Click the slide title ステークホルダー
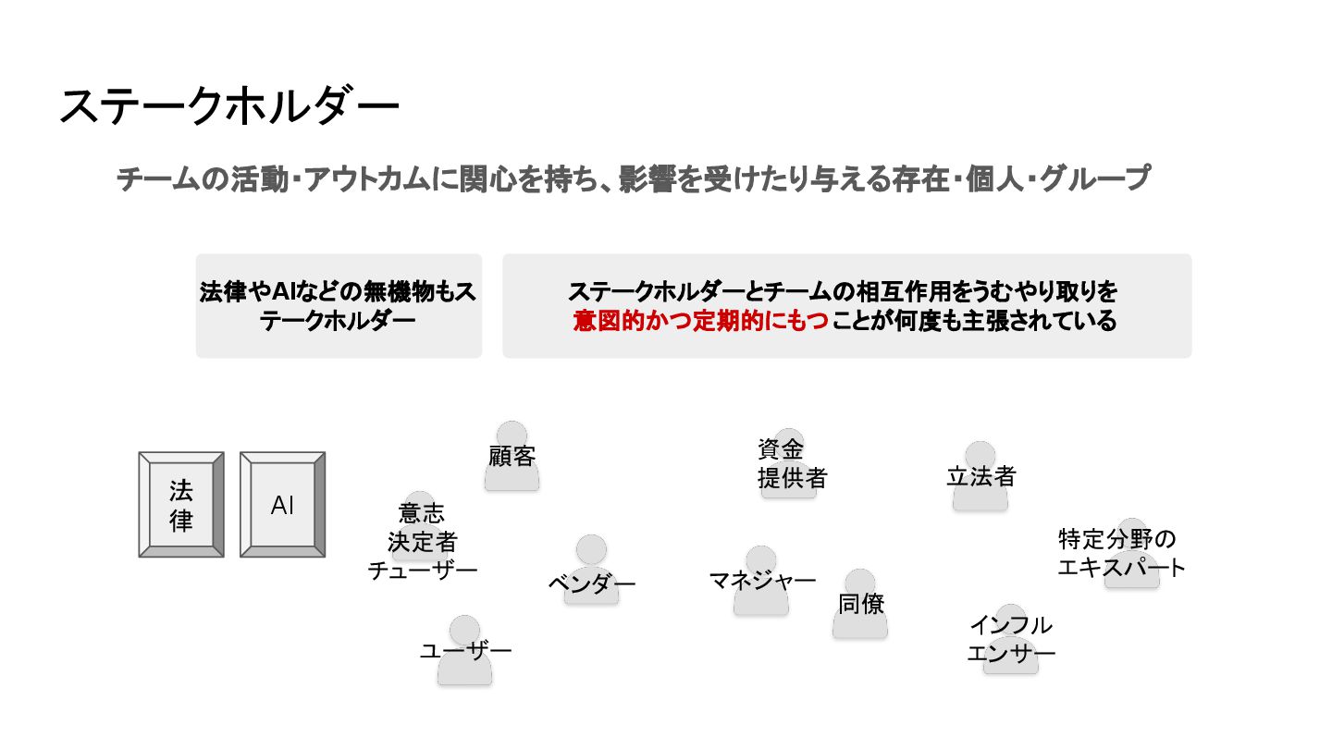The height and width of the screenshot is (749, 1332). [228, 107]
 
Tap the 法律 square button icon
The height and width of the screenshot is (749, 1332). [181, 505]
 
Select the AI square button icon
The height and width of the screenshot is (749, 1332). [282, 505]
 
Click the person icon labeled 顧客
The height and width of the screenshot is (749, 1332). [512, 456]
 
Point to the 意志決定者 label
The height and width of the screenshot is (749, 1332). [422, 527]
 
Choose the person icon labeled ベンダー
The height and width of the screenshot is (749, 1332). [591, 570]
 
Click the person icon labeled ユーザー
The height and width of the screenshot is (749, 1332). [464, 651]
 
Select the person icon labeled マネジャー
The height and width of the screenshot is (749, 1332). [761, 581]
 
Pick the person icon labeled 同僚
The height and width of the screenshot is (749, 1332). [860, 604]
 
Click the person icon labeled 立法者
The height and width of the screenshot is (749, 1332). [980, 475]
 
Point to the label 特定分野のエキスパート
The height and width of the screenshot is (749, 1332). [1121, 553]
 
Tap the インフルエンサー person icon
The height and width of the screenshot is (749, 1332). [1010, 640]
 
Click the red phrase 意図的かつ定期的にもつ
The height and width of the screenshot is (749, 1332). [700, 322]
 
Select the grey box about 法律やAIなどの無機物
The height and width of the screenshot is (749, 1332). [339, 306]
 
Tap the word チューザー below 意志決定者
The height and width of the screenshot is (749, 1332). [423, 571]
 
